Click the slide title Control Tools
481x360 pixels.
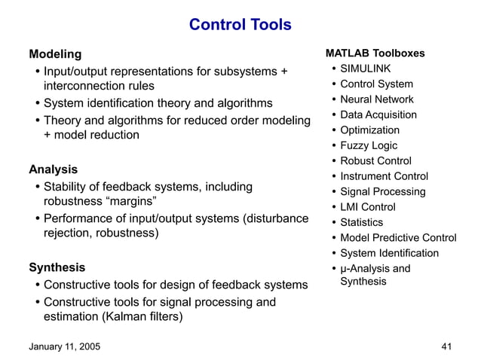pyautogui.click(x=240, y=25)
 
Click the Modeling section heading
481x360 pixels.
pyautogui.click(x=54, y=54)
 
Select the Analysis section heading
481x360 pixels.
pyautogui.click(x=53, y=169)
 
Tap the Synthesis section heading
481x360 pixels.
pyautogui.click(x=57, y=267)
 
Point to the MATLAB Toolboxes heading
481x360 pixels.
pyautogui.click(x=375, y=53)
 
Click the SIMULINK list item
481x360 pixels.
pyautogui.click(x=365, y=69)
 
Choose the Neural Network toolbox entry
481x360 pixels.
pyautogui.click(x=376, y=99)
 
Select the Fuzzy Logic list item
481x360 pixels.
pyautogui.click(x=369, y=145)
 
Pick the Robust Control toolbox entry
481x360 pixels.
pyautogui.click(x=375, y=161)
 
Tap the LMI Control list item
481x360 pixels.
pyautogui.click(x=367, y=207)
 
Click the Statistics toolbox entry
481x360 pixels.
pyautogui.click(x=361, y=222)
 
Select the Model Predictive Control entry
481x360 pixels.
pyautogui.click(x=398, y=238)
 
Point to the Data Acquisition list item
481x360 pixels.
pyautogui.click(x=378, y=115)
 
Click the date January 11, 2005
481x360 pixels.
pyautogui.click(x=63, y=346)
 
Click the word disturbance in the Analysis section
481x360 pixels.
pyautogui.click(x=276, y=219)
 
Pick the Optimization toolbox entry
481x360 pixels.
pyautogui.click(x=369, y=130)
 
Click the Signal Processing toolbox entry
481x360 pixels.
pyautogui.click(x=382, y=192)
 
